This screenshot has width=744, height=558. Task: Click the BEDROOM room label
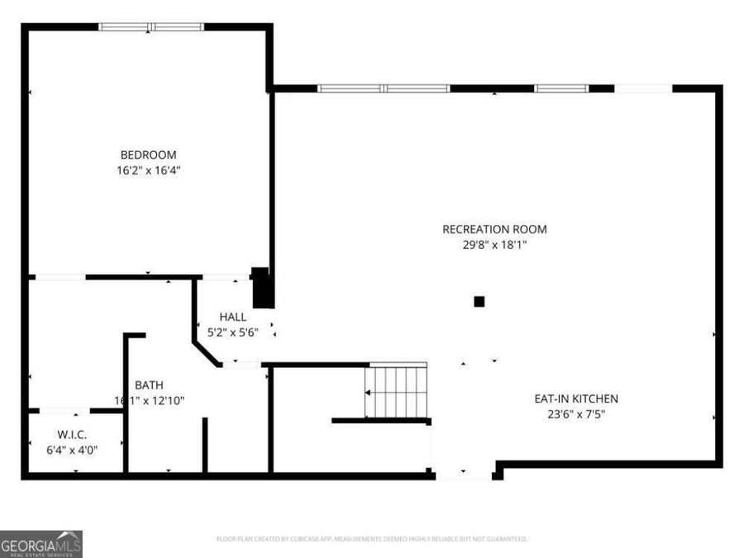pyautogui.click(x=148, y=155)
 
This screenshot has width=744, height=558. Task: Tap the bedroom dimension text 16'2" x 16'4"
pyautogui.click(x=148, y=170)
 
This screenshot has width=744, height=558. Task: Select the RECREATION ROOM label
pyautogui.click(x=494, y=229)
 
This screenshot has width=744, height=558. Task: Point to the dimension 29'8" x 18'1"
pyautogui.click(x=494, y=245)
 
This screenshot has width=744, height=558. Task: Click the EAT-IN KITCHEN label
pyautogui.click(x=575, y=398)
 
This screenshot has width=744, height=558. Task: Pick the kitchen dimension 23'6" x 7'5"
pyautogui.click(x=575, y=414)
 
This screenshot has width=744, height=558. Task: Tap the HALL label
pyautogui.click(x=232, y=317)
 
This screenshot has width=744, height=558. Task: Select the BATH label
pyautogui.click(x=149, y=384)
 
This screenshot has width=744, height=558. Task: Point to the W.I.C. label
pyautogui.click(x=73, y=435)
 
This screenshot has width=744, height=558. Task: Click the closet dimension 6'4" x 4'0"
pyautogui.click(x=73, y=451)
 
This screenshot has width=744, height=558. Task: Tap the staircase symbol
pyautogui.click(x=397, y=392)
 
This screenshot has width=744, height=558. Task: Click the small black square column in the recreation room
pyautogui.click(x=479, y=302)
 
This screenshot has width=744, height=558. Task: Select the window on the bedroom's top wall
pyautogui.click(x=151, y=26)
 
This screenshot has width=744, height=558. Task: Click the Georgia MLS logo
pyautogui.click(x=41, y=544)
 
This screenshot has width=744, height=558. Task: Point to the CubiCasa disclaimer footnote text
pyautogui.click(x=371, y=539)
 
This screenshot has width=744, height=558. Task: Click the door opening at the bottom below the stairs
pyautogui.click(x=464, y=475)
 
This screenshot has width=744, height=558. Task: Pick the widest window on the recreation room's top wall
pyautogui.click(x=384, y=88)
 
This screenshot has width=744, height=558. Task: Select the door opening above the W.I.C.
pyautogui.click(x=64, y=410)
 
